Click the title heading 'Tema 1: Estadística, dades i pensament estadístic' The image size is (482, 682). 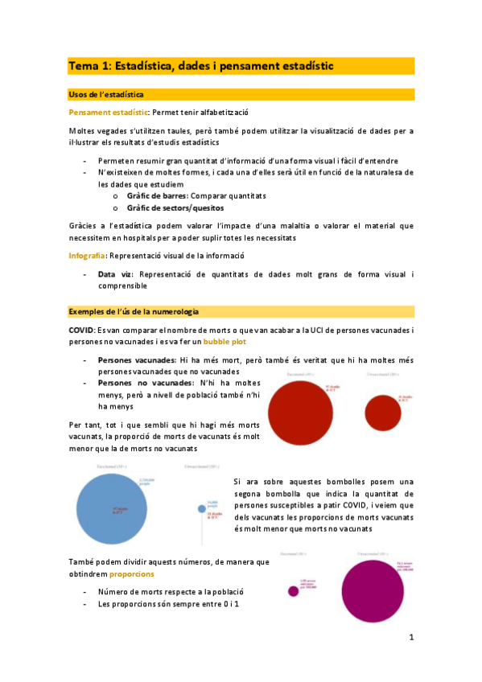click(201, 66)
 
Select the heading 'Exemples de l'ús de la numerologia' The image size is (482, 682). click(134, 311)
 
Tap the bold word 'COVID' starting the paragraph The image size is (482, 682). click(82, 330)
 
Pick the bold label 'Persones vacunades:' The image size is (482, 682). click(137, 359)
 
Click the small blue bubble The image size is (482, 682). click(201, 507)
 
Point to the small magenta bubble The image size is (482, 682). click(293, 591)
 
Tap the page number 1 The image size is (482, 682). click(410, 638)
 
